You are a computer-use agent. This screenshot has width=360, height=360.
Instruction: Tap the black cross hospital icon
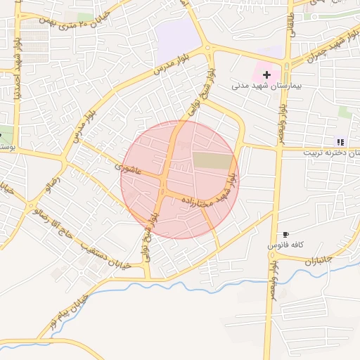266,74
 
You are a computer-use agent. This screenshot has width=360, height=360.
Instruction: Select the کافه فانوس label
281,247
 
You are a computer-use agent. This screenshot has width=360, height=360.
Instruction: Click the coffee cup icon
285,234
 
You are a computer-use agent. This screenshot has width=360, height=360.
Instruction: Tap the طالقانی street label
290,22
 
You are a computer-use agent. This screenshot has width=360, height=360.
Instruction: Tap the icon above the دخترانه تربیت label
341,141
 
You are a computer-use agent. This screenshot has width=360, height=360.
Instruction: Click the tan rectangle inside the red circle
212,160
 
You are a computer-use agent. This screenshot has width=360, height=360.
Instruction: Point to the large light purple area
178,39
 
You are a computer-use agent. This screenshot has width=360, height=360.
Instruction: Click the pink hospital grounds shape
265,70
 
